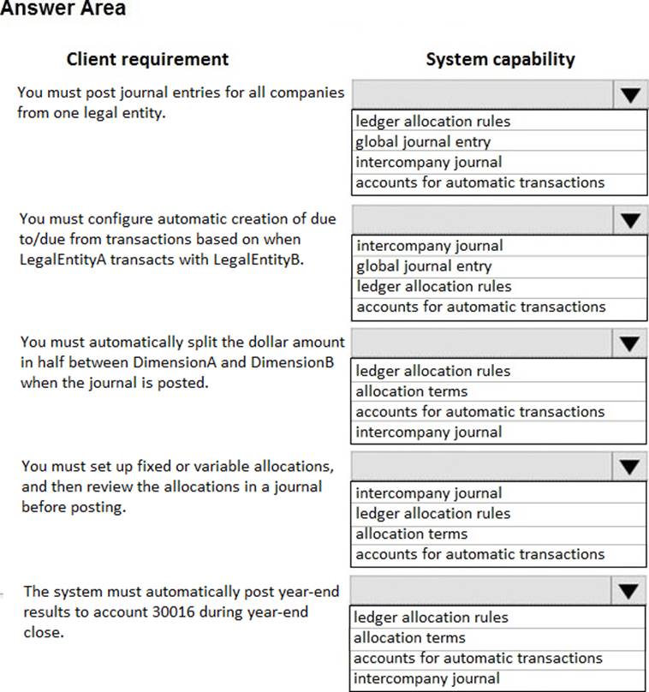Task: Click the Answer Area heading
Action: coord(62,9)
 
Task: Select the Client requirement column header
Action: coord(147,59)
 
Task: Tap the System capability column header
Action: coord(500,59)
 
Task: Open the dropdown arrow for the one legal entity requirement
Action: coord(630,94)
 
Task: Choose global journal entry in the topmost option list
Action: coord(423,142)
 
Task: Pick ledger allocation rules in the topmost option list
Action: coord(432,122)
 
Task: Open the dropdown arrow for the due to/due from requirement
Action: coord(630,219)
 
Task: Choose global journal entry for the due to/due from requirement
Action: coord(424,266)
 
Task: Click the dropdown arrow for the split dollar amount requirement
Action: coord(630,343)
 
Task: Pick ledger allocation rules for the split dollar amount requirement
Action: coord(432,371)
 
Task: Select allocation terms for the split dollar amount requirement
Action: coord(412,391)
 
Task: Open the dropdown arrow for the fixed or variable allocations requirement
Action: coord(630,467)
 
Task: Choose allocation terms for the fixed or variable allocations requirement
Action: coord(412,534)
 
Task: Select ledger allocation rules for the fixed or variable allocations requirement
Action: coord(432,513)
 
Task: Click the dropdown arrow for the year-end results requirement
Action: coord(630,590)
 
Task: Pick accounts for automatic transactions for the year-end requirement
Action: coord(478,659)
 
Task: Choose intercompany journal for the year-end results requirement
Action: coord(426,679)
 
